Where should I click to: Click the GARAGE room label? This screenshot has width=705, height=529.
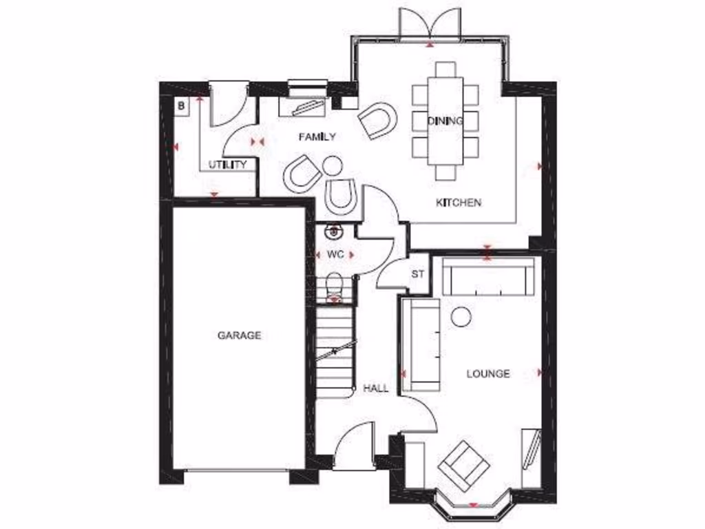(239, 335)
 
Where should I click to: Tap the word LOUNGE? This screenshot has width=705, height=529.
(488, 374)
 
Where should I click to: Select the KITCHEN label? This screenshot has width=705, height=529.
(459, 203)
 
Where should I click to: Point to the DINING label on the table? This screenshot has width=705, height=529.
(445, 121)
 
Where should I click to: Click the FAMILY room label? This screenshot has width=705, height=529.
(317, 137)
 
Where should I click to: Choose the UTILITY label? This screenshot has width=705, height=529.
(228, 165)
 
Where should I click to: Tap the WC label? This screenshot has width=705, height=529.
(335, 254)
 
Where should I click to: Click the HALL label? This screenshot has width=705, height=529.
(376, 388)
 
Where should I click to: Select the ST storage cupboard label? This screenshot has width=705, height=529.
(417, 274)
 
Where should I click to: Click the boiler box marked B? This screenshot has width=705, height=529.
(181, 106)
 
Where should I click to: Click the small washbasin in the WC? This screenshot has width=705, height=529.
(335, 231)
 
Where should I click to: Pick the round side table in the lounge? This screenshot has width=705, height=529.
(461, 316)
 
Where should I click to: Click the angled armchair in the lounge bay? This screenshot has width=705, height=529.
(465, 466)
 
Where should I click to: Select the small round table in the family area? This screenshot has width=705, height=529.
(333, 165)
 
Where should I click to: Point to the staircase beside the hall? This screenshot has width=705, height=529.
(336, 351)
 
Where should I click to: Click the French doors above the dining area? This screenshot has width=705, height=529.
(430, 24)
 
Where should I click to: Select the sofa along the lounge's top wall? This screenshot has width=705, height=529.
(487, 277)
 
